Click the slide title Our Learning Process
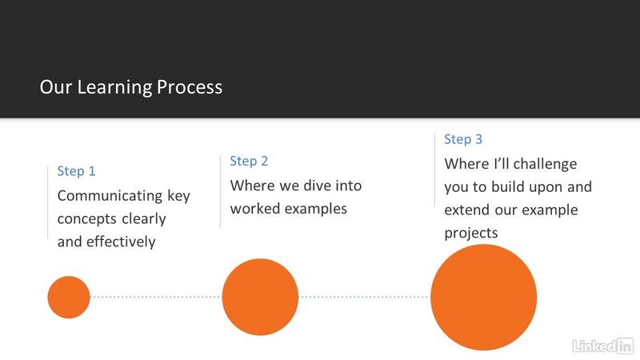point(131,87)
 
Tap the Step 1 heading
point(76,171)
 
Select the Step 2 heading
point(249,162)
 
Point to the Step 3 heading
point(463,139)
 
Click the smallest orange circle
point(69,297)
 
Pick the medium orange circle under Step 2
point(261,297)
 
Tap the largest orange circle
point(484,297)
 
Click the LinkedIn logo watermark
point(603,346)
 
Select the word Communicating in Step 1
point(110,196)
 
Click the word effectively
point(121,242)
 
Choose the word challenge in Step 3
point(545,164)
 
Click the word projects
point(471,234)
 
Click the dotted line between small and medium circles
point(156,297)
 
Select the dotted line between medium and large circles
point(365,297)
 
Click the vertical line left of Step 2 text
point(221,191)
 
